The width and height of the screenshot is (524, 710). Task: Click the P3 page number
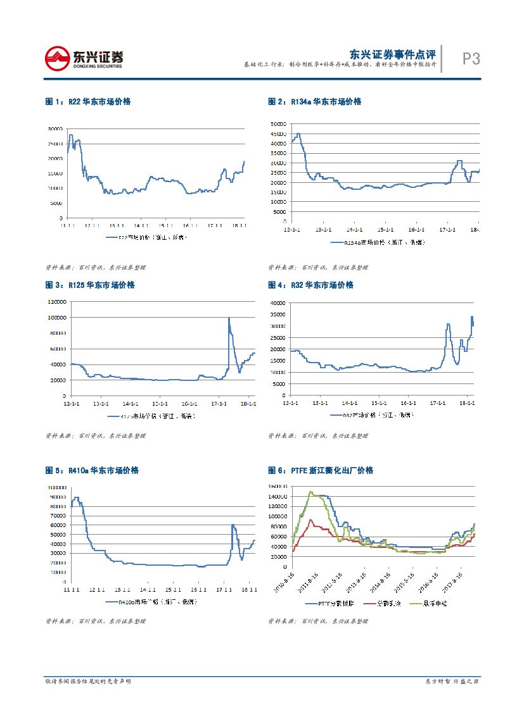coord(471,59)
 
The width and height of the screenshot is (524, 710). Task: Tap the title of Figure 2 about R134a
coord(314,101)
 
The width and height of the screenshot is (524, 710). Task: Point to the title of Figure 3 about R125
coord(90,285)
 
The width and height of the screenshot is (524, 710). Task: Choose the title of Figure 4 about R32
coord(310,285)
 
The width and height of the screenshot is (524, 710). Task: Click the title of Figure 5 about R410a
coord(92,471)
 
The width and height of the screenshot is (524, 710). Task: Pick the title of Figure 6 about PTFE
coord(321,471)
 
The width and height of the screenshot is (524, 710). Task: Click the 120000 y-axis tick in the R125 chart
coord(56,301)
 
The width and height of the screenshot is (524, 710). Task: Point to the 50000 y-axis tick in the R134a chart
coord(279,124)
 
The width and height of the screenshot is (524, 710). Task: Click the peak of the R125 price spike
coord(229,318)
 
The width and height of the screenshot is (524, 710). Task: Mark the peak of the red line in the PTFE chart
coord(310,520)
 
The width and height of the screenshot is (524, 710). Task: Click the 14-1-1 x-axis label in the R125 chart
coord(130,403)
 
